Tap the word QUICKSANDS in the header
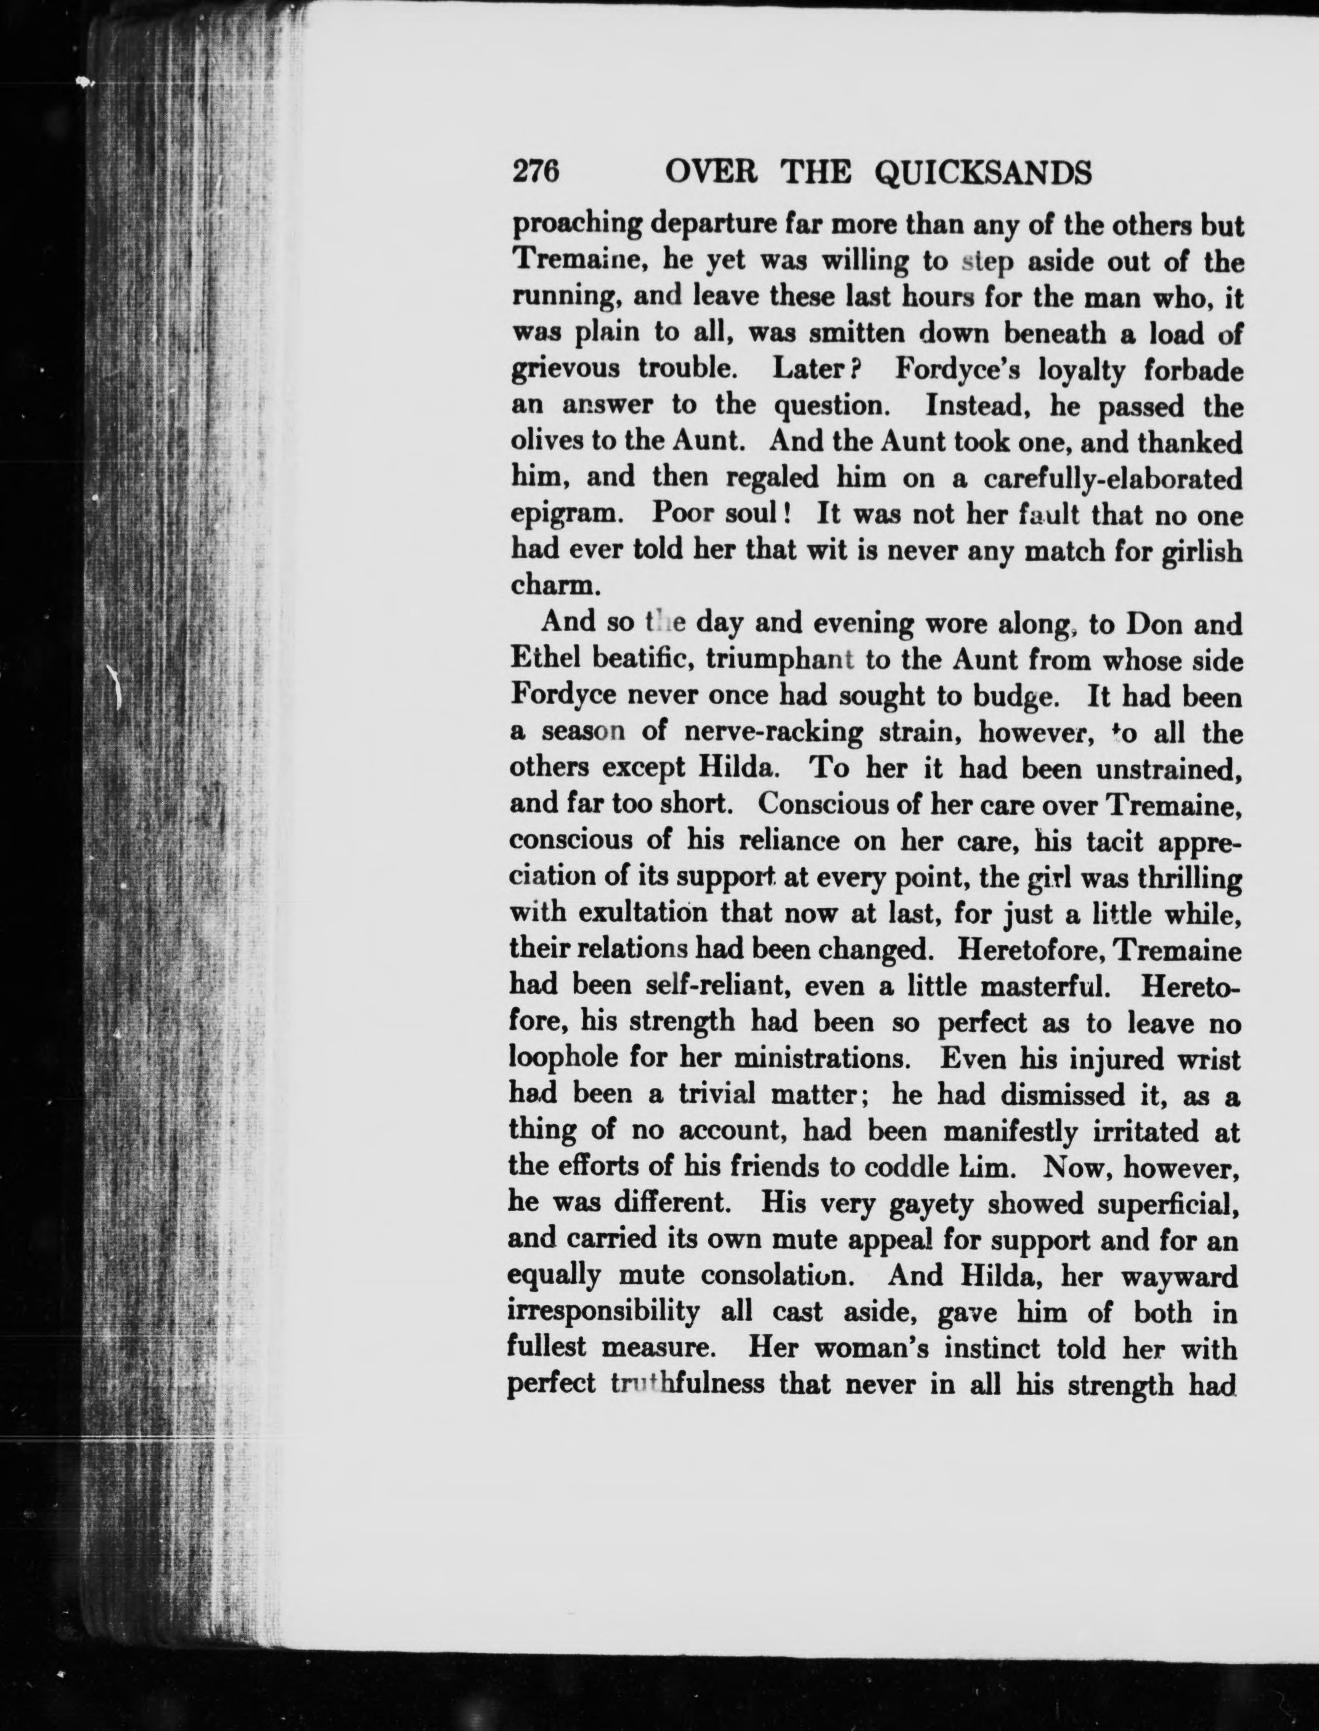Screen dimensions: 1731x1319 (x=982, y=172)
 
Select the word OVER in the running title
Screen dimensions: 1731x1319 (x=710, y=172)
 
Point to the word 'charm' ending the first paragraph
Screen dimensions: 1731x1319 (x=550, y=586)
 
